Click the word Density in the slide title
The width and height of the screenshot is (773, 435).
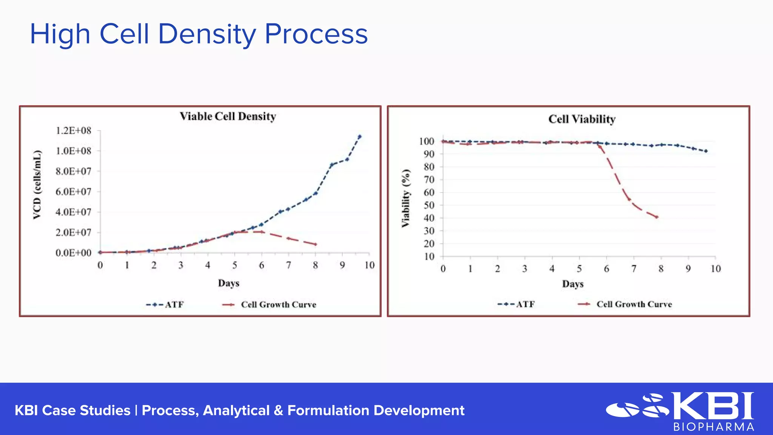tap(206, 34)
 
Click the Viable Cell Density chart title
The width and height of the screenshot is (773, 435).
tap(228, 116)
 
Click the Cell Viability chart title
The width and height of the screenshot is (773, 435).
tap(582, 119)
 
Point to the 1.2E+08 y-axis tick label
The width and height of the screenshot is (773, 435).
tap(74, 131)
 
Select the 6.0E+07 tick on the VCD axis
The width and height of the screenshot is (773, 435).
tap(74, 192)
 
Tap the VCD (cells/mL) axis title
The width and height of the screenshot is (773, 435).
tap(37, 185)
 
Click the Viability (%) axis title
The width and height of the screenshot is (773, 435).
tap(405, 198)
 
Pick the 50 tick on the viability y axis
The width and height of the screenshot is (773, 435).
tap(429, 205)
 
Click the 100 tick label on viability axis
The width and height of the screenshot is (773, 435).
tap(427, 141)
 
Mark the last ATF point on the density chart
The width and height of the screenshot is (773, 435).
tap(359, 137)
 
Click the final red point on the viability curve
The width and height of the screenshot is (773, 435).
tap(657, 217)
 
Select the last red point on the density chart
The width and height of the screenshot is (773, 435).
tap(316, 245)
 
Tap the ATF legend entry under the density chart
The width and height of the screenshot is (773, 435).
tap(165, 305)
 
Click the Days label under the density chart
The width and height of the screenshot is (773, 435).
tap(228, 283)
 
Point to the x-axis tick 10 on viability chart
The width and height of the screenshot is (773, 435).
tap(715, 269)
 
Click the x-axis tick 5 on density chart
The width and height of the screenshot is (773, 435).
tap(234, 265)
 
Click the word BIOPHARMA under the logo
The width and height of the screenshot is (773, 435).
tap(713, 427)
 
